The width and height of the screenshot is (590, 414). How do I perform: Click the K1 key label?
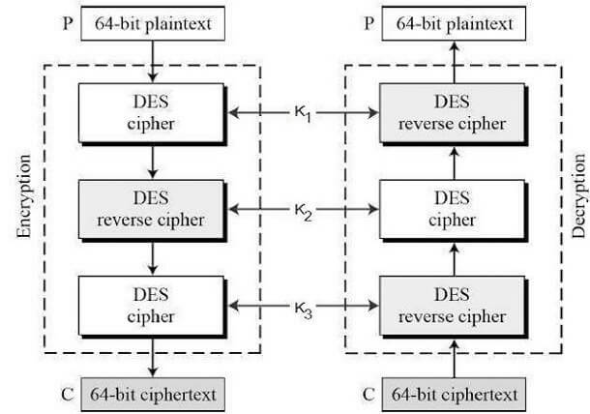(303, 114)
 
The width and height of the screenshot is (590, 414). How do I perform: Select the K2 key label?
(304, 213)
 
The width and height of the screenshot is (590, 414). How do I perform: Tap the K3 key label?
(304, 310)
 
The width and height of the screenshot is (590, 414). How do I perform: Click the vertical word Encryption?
(24, 196)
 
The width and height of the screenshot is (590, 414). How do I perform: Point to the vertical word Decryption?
(579, 195)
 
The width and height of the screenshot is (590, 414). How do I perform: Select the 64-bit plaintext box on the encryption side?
(153, 23)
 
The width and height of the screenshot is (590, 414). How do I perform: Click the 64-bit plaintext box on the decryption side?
(454, 23)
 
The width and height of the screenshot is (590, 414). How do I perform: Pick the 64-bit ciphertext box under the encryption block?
(153, 395)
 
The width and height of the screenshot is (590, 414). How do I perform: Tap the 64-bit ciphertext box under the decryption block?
(454, 395)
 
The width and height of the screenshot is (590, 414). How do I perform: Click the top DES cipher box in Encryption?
(151, 113)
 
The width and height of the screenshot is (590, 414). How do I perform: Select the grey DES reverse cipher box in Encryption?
(151, 210)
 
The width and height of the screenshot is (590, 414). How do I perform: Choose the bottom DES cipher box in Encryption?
(151, 306)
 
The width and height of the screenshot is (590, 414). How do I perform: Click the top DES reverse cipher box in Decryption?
(453, 113)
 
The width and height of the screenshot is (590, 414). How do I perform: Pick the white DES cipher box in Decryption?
(453, 210)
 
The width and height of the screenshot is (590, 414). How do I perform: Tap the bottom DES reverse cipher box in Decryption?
(453, 306)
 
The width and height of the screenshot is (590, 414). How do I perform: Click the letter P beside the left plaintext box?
(68, 24)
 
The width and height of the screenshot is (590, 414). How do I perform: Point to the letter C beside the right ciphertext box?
(369, 395)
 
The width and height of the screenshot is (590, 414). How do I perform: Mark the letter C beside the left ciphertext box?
(68, 395)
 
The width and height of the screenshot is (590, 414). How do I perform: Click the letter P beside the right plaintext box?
(369, 24)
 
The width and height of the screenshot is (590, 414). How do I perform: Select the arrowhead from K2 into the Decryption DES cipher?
(374, 209)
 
